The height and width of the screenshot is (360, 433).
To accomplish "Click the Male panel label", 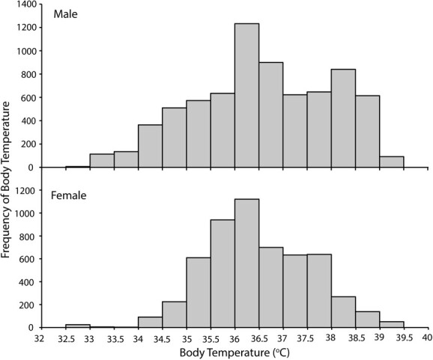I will [66, 14].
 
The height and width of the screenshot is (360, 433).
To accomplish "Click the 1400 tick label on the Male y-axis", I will [24, 5].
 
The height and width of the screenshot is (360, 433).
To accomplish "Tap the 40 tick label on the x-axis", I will [426, 338].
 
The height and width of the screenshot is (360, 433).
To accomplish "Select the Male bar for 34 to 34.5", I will [149, 146].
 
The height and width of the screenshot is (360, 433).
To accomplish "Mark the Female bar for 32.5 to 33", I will [77, 326].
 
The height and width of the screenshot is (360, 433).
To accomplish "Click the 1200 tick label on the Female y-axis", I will [24, 190].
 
